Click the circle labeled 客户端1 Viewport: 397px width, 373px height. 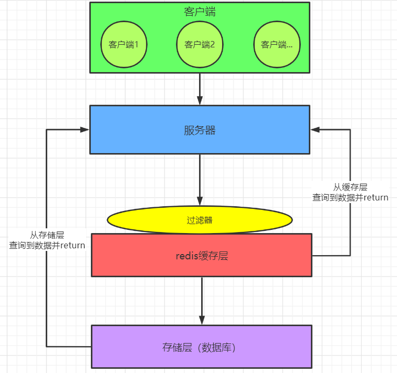coord(123,45)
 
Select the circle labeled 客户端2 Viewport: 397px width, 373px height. coord(200,45)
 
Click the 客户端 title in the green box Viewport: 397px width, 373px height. coord(200,12)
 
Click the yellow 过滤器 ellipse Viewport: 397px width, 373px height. coord(200,220)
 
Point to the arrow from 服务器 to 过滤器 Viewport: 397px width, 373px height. coord(200,179)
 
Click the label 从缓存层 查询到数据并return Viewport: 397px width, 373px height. coord(350,193)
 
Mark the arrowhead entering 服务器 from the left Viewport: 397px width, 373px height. coord(84,129)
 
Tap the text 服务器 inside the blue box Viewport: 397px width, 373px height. coord(200,130)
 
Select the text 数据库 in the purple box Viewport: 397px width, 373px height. coord(215,347)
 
